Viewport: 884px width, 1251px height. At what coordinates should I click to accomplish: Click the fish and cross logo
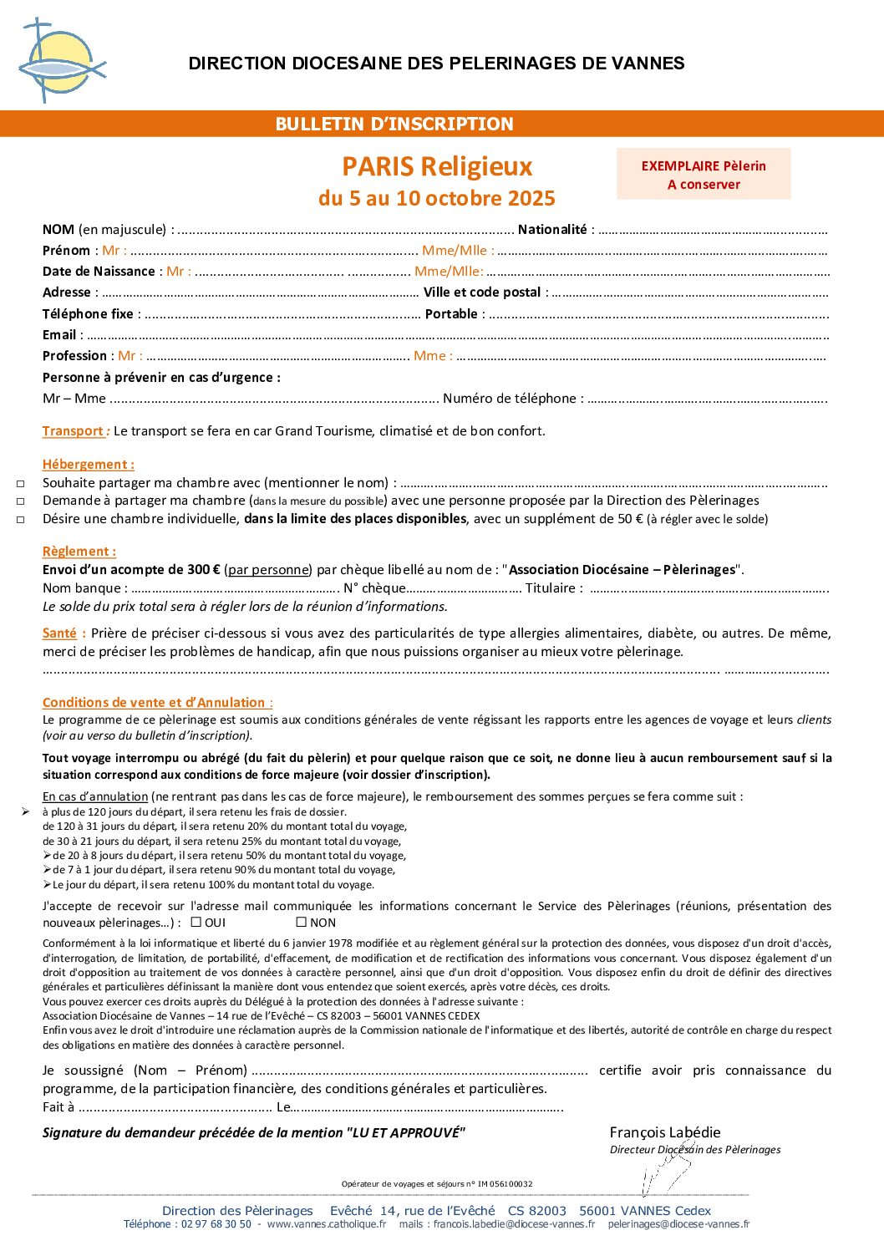59,61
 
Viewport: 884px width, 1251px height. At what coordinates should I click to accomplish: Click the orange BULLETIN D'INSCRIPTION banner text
394,124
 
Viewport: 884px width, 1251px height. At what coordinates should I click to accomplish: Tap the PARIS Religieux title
437,166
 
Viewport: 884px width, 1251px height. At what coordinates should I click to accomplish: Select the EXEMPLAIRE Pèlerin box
704,175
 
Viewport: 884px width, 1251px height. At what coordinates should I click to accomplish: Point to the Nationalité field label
553,230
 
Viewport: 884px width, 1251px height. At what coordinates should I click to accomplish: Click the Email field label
59,335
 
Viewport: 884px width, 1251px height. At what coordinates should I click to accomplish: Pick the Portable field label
451,314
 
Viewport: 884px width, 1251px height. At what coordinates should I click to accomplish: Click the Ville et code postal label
482,292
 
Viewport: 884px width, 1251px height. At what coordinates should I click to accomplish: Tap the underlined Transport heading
74,431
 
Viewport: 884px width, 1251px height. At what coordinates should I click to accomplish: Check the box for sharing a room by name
21,483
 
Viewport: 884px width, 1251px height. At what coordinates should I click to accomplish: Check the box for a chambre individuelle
21,519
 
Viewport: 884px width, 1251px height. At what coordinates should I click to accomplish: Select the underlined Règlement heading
79,552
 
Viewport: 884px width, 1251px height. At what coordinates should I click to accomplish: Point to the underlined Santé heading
59,633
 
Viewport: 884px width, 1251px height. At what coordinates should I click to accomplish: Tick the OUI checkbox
196,923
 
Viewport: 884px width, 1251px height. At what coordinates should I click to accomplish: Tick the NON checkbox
302,923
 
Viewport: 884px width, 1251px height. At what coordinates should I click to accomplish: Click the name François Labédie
665,1132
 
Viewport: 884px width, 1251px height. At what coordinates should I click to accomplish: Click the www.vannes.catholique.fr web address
327,1224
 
